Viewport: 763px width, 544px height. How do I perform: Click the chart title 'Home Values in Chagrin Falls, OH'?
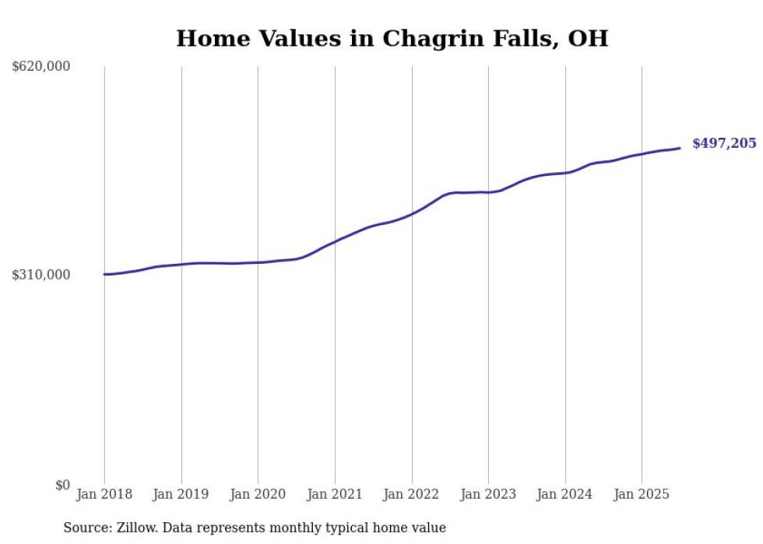pyautogui.click(x=392, y=38)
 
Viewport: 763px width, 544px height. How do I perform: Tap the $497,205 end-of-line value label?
pyautogui.click(x=724, y=143)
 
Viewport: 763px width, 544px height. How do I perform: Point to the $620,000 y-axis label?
pyautogui.click(x=41, y=67)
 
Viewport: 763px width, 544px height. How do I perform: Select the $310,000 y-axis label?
pyautogui.click(x=41, y=275)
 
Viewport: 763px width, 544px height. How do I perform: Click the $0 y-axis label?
pyautogui.click(x=62, y=486)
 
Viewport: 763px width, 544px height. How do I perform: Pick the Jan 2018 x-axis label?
pyautogui.click(x=104, y=494)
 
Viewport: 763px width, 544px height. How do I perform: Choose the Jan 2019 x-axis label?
pyautogui.click(x=181, y=494)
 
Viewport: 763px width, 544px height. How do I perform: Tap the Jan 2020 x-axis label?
pyautogui.click(x=258, y=494)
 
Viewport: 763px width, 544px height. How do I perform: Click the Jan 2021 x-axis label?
pyautogui.click(x=335, y=494)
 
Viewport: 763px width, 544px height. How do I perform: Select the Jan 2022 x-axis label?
pyautogui.click(x=412, y=494)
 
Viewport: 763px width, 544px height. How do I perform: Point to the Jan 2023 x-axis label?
pyautogui.click(x=488, y=494)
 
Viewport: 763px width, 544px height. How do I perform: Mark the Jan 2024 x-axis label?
pyautogui.click(x=565, y=494)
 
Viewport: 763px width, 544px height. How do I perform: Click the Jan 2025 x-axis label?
pyautogui.click(x=642, y=494)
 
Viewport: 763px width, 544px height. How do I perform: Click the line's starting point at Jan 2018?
pyautogui.click(x=104, y=274)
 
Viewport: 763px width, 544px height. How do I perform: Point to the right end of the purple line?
pyautogui.click(x=680, y=148)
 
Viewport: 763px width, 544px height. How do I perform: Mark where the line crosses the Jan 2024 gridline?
pyautogui.click(x=565, y=173)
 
